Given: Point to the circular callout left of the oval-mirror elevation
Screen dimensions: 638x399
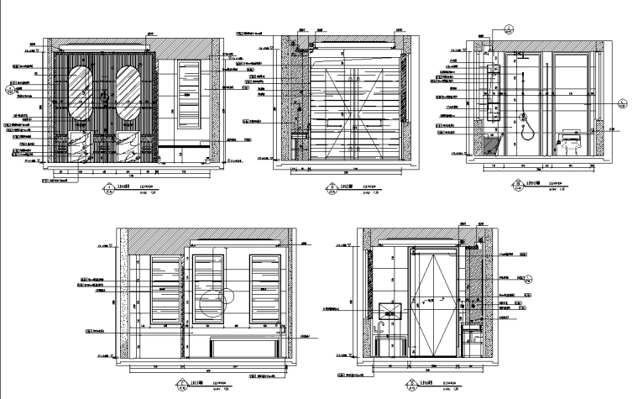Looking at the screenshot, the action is [13, 85].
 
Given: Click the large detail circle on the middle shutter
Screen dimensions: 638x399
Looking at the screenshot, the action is [217, 303].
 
